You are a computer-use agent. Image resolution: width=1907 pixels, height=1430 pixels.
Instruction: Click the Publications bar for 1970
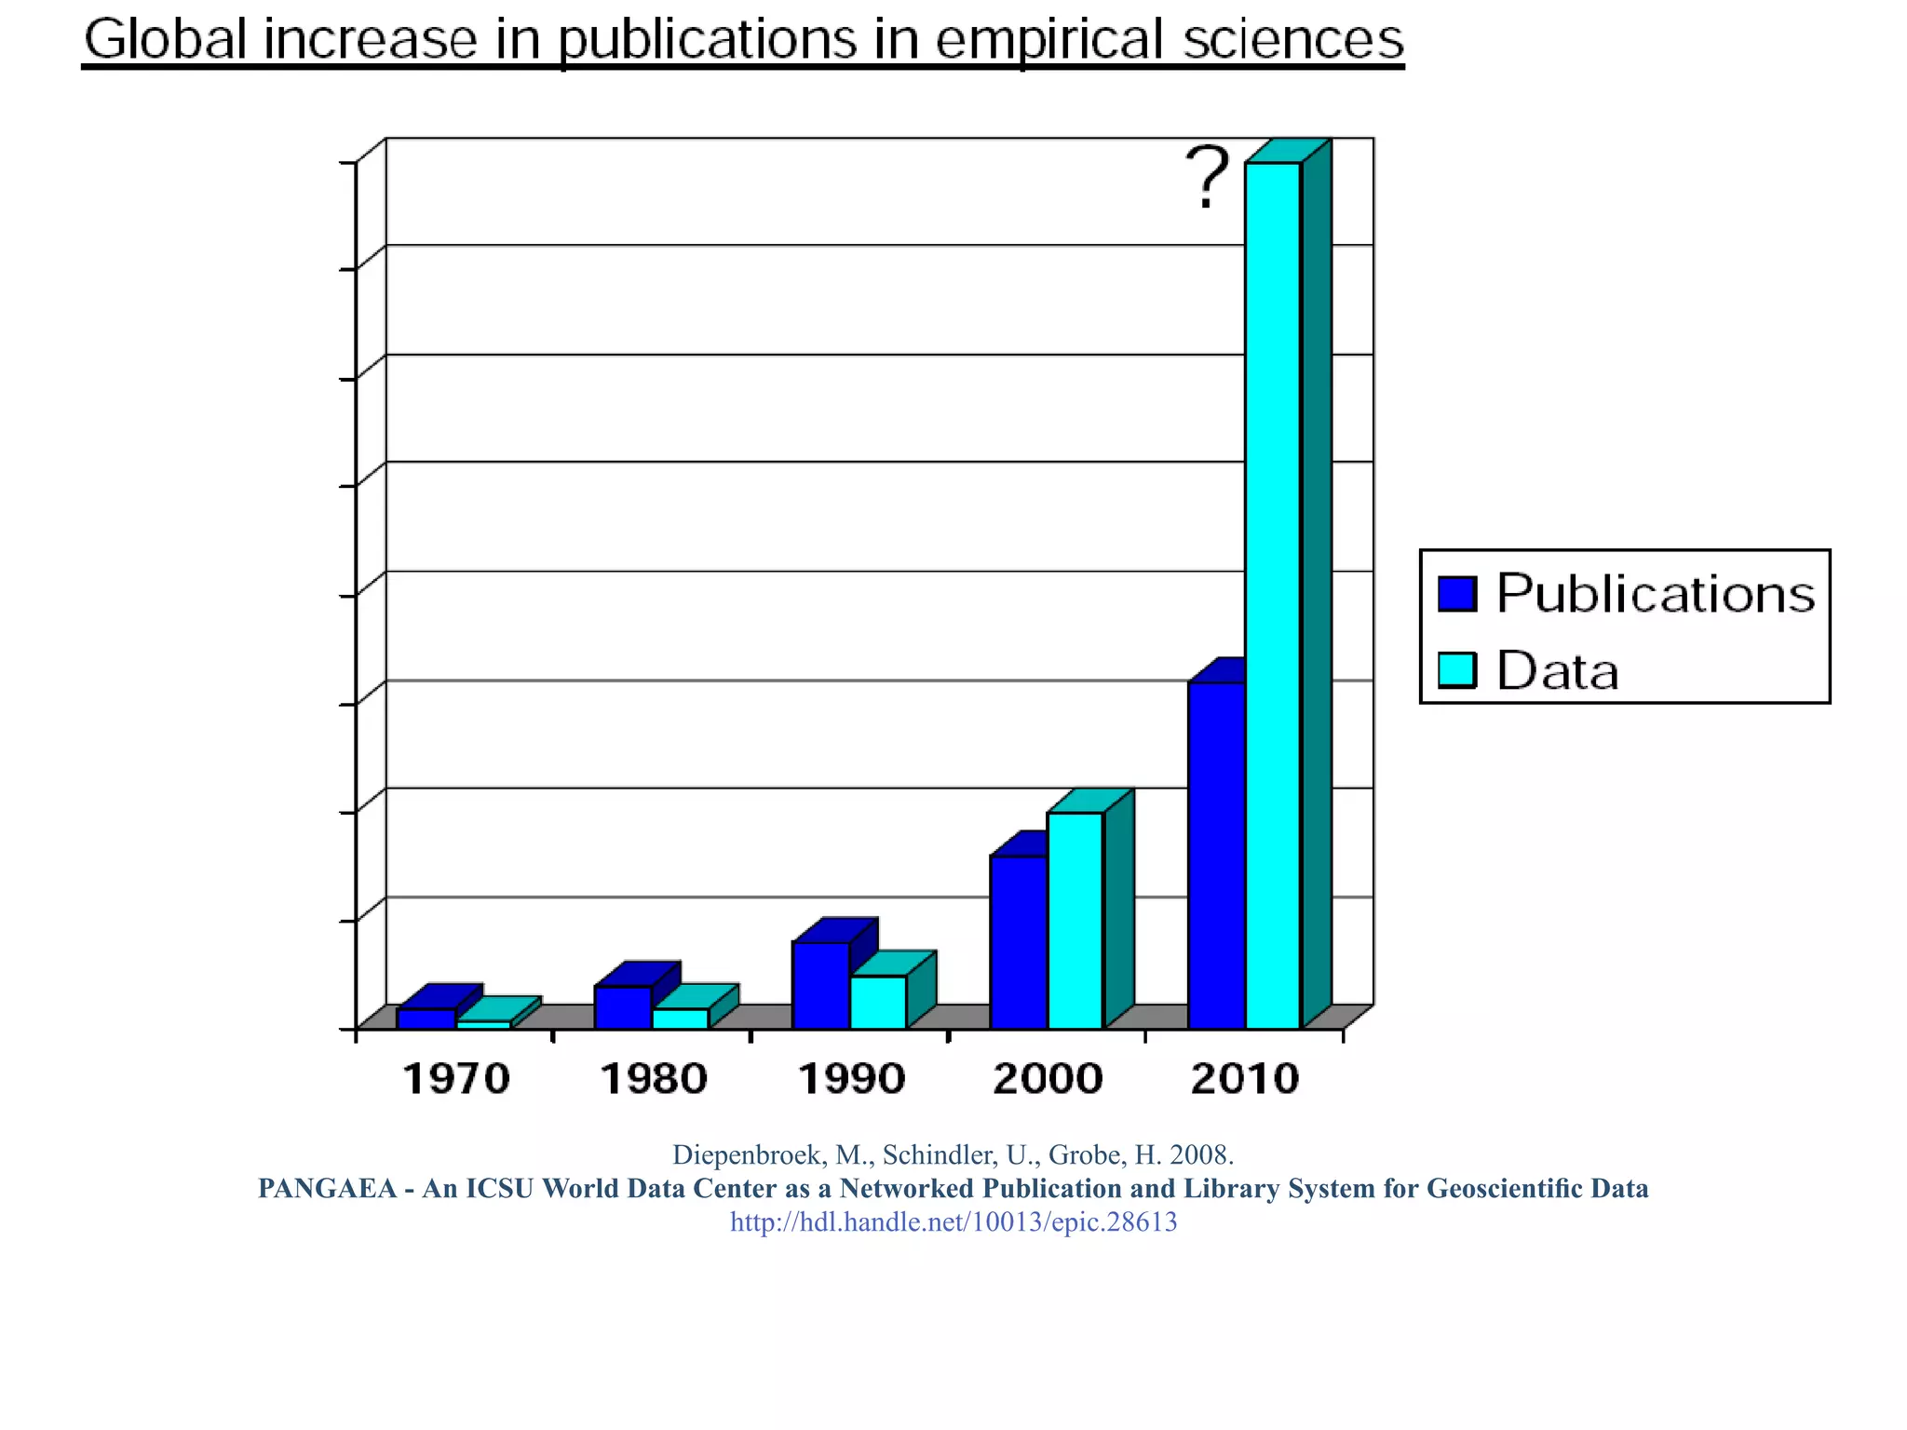click(426, 1018)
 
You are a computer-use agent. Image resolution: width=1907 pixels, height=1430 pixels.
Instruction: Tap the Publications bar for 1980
click(623, 1006)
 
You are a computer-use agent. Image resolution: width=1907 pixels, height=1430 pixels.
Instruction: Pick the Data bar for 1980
click(681, 1018)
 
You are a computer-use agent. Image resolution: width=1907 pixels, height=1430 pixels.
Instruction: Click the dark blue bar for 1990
click(820, 985)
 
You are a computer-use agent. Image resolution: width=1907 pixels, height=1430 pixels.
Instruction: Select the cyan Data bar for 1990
click(878, 1002)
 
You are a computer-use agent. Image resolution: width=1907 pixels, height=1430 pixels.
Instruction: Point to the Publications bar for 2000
click(1019, 941)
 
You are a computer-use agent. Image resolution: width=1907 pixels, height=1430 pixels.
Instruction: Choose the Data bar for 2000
click(1075, 920)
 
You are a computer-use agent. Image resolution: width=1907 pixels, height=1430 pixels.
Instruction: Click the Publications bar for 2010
click(1216, 855)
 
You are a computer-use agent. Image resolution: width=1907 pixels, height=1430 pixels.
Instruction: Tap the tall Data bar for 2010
click(1273, 596)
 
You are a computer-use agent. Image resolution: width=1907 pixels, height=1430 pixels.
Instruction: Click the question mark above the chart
click(1208, 178)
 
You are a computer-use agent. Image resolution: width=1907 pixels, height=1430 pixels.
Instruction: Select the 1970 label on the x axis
click(456, 1079)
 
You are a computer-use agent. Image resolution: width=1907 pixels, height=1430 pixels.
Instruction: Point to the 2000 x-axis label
click(1048, 1079)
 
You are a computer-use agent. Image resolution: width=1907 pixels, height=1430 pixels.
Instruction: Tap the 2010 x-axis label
click(1246, 1079)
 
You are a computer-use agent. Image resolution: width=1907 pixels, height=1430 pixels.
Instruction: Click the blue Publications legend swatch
click(1457, 594)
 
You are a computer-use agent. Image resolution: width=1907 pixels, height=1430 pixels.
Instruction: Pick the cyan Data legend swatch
click(1457, 670)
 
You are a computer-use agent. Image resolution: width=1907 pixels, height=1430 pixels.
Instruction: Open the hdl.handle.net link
click(953, 1221)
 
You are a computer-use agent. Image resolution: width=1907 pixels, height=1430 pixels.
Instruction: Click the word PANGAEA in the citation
click(327, 1189)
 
